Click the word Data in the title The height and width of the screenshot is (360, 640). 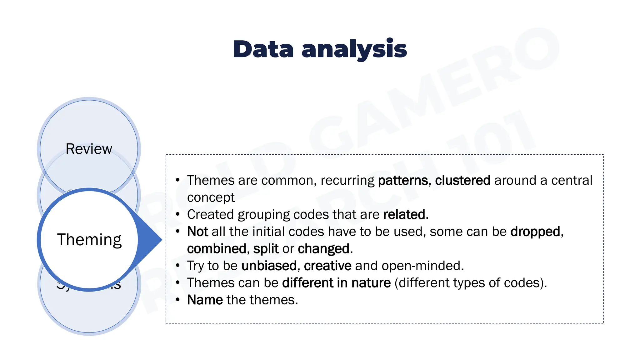tap(263, 49)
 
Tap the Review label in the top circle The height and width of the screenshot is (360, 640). tap(89, 149)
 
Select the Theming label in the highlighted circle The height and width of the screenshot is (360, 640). tap(89, 240)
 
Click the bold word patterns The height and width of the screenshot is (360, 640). tap(403, 181)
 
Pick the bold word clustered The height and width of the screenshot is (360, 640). tap(462, 181)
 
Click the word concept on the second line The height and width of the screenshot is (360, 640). tap(211, 197)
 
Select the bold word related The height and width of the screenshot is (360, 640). tap(404, 215)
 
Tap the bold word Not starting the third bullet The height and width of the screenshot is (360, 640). tap(197, 232)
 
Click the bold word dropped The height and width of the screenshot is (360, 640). tap(535, 232)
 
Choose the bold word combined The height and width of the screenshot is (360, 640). tap(217, 249)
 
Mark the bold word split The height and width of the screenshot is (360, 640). tap(266, 249)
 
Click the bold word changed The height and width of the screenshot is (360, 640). tap(324, 249)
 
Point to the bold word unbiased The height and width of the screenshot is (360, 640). tap(269, 266)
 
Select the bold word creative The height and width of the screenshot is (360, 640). tap(327, 266)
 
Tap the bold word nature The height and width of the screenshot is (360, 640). tap(371, 283)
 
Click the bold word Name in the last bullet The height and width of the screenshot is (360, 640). tap(205, 300)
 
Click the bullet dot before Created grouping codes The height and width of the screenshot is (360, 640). tap(177, 214)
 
